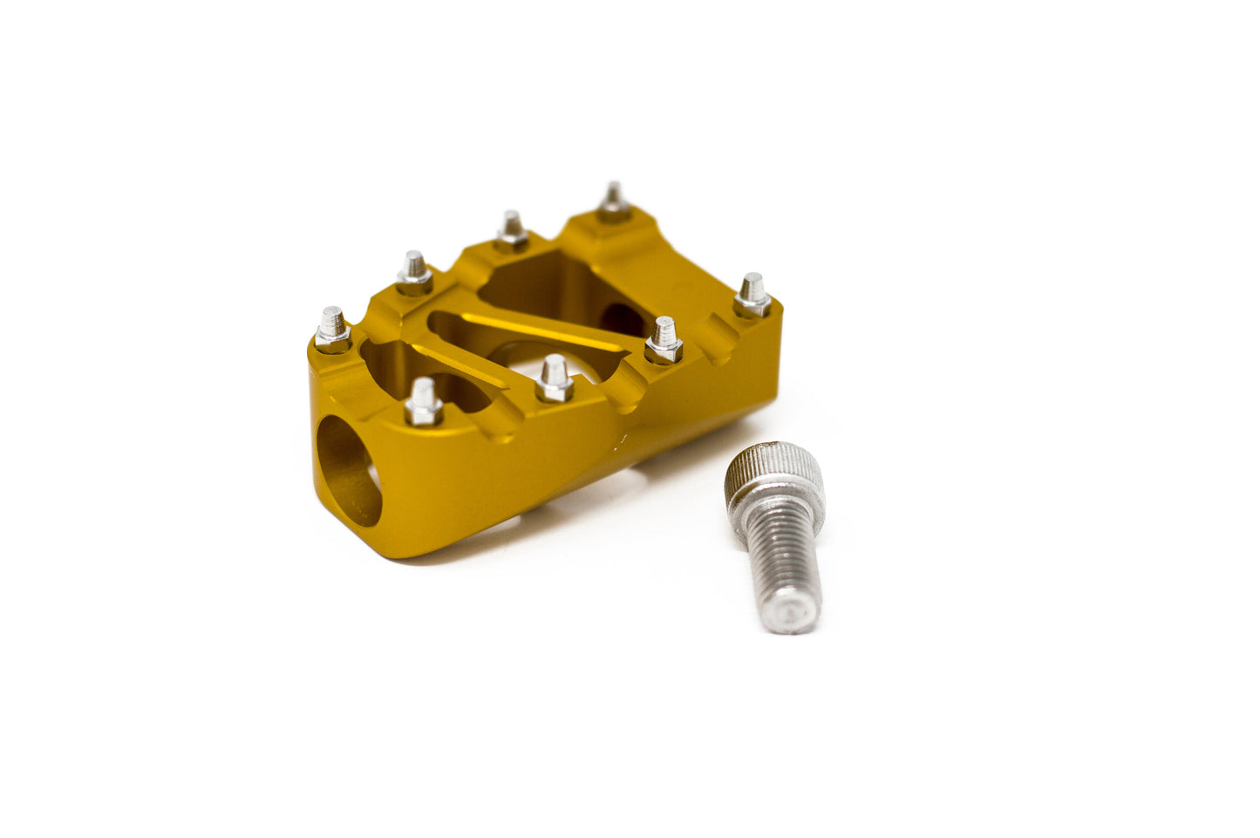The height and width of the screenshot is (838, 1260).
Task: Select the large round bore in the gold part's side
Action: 348,471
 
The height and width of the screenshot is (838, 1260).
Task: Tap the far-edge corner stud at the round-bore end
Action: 331,329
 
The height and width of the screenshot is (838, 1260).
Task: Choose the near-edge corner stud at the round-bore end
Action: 423,402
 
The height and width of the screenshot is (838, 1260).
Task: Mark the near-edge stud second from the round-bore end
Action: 555,378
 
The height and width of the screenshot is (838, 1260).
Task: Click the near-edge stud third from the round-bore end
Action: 664,339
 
